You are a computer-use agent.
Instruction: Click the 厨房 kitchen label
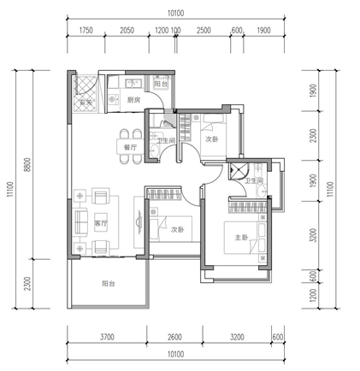pos(133,100)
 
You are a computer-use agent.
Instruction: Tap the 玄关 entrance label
pos(86,102)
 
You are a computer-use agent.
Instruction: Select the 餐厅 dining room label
pos(130,147)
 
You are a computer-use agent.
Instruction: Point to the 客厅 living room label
pos(101,223)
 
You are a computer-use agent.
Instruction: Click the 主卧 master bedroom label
pos(241,237)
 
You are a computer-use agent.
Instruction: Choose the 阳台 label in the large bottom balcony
pos(109,284)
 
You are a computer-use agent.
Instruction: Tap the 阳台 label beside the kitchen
pos(161,84)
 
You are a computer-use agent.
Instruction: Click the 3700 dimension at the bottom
pos(107,337)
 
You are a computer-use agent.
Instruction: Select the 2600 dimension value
pos(174,337)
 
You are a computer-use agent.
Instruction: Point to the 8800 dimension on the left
pos(28,164)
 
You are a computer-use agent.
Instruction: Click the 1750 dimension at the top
pos(86,30)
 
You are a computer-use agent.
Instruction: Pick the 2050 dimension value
pos(127,30)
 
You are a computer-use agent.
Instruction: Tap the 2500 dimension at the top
pos(204,30)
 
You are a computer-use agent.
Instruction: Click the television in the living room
pos(139,222)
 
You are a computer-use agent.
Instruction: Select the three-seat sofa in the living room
pos(80,222)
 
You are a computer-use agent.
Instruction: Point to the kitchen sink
pos(133,83)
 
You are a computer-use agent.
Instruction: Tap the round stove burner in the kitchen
pos(112,99)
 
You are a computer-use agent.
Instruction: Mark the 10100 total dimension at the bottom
pos(175,354)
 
